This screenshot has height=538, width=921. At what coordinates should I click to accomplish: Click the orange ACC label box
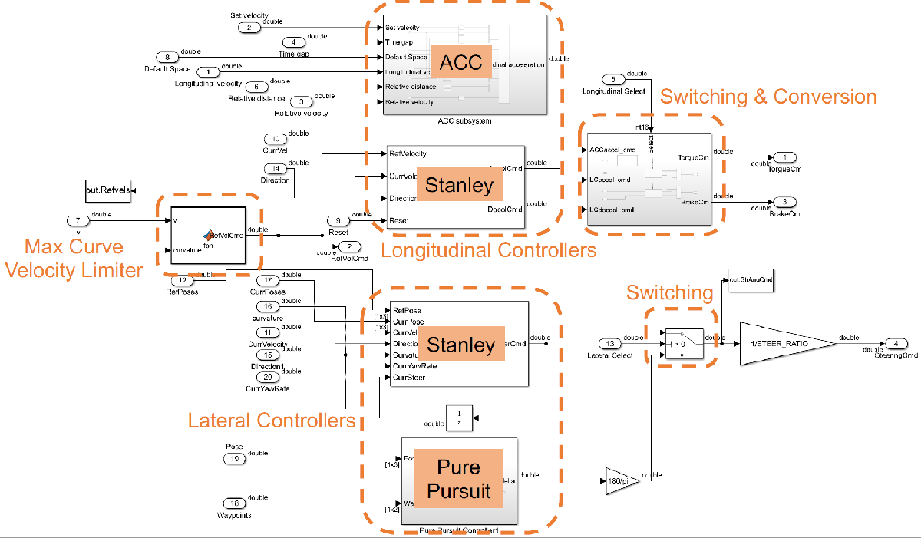(461, 61)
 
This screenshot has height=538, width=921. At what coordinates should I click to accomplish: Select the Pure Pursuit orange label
(458, 478)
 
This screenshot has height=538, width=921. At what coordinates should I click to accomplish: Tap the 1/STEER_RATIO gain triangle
(783, 343)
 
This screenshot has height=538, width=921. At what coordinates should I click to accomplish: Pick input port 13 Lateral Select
(611, 344)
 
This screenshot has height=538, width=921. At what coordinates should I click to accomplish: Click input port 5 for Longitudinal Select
(614, 79)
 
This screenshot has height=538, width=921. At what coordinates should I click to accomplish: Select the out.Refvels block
(107, 191)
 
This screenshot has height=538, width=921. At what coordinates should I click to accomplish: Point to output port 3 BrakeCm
(784, 202)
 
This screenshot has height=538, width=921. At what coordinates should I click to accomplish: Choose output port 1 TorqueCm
(784, 157)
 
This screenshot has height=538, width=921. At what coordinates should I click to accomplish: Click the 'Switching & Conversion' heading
(768, 97)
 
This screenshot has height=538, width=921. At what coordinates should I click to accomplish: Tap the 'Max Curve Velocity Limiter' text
(73, 258)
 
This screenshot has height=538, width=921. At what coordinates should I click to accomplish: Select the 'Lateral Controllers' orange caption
(272, 420)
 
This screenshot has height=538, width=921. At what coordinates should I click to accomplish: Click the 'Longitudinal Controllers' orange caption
(488, 250)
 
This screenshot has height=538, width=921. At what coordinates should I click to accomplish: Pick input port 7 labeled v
(78, 220)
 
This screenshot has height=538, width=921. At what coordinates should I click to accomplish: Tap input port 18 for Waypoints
(235, 503)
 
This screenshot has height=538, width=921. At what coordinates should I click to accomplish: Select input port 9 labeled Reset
(338, 221)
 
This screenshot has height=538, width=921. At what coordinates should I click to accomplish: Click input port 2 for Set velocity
(249, 28)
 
